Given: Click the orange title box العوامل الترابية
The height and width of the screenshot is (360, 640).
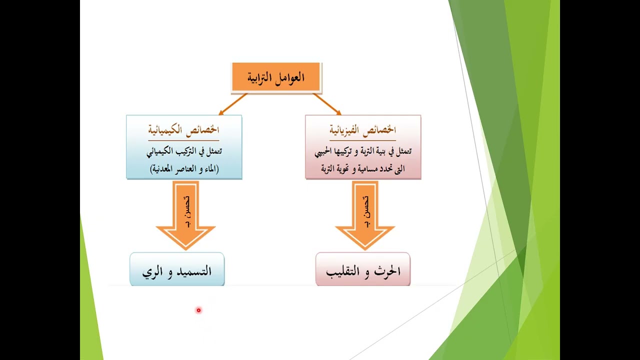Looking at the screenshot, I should pos(276,77).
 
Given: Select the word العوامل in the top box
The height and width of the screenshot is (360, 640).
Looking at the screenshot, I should pos(291,77).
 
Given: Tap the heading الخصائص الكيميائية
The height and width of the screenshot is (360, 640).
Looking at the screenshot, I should pos(183,130).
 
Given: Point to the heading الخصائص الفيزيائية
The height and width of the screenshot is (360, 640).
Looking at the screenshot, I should pos(362,130).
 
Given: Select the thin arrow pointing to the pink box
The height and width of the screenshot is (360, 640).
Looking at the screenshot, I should pos(327,104).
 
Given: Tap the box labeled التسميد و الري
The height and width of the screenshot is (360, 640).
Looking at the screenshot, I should pos(177,270).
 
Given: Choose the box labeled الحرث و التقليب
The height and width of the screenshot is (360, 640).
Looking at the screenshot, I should pos(363,270).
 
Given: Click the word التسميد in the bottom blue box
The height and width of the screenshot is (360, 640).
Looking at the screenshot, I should pos(192,271).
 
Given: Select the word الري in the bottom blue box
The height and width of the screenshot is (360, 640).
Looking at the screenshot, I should pos(151,272).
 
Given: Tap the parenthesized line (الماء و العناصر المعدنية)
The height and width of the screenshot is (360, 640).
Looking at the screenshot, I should pos(184,169).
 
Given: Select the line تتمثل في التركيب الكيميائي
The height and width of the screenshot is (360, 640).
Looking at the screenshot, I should pos(184,150).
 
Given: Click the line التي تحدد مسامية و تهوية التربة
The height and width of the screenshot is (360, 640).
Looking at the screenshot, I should pos(362,169).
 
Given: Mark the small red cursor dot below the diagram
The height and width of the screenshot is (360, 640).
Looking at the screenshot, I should pos(198,310).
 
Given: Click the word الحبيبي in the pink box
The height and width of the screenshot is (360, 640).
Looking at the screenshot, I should pos(326,151).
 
